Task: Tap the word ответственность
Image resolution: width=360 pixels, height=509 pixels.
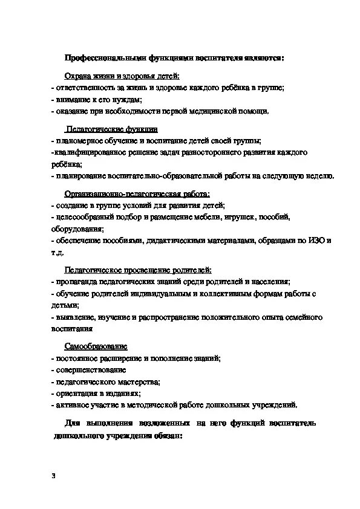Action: [82, 88]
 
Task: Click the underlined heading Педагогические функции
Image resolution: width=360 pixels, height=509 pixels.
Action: [112, 129]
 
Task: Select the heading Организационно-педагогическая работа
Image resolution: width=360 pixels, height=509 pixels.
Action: [137, 194]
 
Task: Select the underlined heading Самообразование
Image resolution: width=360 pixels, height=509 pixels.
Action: [96, 346]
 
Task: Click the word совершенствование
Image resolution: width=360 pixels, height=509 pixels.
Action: [91, 370]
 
